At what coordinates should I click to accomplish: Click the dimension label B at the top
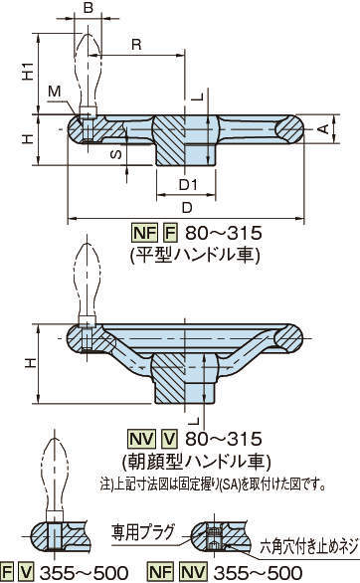[89, 7]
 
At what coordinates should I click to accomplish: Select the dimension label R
[136, 45]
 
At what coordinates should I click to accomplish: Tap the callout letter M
[55, 92]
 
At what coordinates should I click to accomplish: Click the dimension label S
[116, 154]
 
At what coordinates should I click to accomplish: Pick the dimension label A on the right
[323, 128]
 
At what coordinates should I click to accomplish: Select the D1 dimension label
[188, 184]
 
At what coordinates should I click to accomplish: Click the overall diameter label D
[187, 207]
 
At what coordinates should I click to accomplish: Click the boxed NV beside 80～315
[141, 439]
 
